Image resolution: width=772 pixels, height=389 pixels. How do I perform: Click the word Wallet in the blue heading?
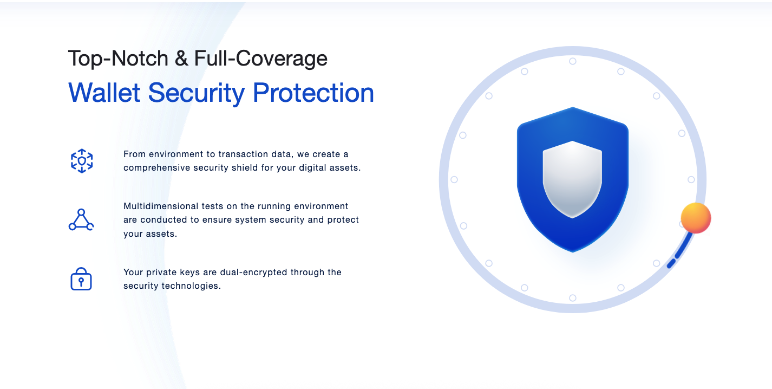pos(104,93)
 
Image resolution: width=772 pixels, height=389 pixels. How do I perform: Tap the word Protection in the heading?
pos(313,93)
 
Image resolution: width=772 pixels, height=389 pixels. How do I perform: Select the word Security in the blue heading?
pos(197,93)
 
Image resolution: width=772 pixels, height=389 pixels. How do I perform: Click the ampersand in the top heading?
pos(181,58)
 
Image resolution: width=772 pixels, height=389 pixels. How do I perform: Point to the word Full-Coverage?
pos(260,59)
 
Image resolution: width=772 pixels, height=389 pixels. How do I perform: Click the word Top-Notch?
pos(118,59)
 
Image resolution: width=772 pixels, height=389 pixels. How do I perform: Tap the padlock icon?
pos(81,278)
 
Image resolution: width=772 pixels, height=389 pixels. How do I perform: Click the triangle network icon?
pos(81,219)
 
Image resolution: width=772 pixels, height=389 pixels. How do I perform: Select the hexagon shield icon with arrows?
pos(82,161)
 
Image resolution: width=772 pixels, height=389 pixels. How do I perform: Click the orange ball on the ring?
pos(696,218)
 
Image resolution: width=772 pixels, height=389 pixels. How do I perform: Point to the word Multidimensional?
pos(160,206)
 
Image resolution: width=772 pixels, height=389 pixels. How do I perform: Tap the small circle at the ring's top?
pos(572,61)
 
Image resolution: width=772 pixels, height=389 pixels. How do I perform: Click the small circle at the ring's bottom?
pos(572,297)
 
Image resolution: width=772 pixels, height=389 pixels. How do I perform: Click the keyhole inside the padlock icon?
pos(81,282)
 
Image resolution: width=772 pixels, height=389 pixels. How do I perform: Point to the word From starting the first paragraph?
pos(135,154)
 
